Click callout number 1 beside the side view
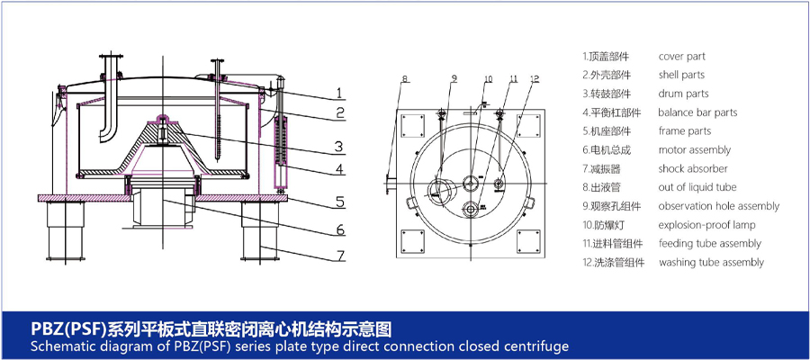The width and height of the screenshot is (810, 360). (339, 93)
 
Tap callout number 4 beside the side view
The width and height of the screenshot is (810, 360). (339, 169)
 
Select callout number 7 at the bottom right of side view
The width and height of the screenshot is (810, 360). (340, 256)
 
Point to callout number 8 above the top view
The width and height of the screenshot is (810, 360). (405, 79)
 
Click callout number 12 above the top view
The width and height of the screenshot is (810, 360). (534, 79)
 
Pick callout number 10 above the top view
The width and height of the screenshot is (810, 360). (488, 79)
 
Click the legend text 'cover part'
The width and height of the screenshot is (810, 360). (681, 57)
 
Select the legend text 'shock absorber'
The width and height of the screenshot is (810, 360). (693, 168)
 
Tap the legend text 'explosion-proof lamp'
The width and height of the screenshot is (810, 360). (706, 225)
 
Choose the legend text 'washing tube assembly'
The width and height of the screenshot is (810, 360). (711, 263)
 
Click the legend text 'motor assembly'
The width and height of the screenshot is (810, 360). (694, 149)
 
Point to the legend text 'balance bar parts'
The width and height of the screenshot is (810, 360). (697, 112)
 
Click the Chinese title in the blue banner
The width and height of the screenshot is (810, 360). (211, 328)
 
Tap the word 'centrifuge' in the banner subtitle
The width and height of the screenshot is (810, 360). (542, 346)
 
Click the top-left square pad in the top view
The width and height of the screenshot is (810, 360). (412, 126)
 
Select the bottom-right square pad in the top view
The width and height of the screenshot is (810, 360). (528, 241)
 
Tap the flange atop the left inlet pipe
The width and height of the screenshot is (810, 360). (111, 57)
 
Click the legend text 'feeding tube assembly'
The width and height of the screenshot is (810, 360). (710, 243)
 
